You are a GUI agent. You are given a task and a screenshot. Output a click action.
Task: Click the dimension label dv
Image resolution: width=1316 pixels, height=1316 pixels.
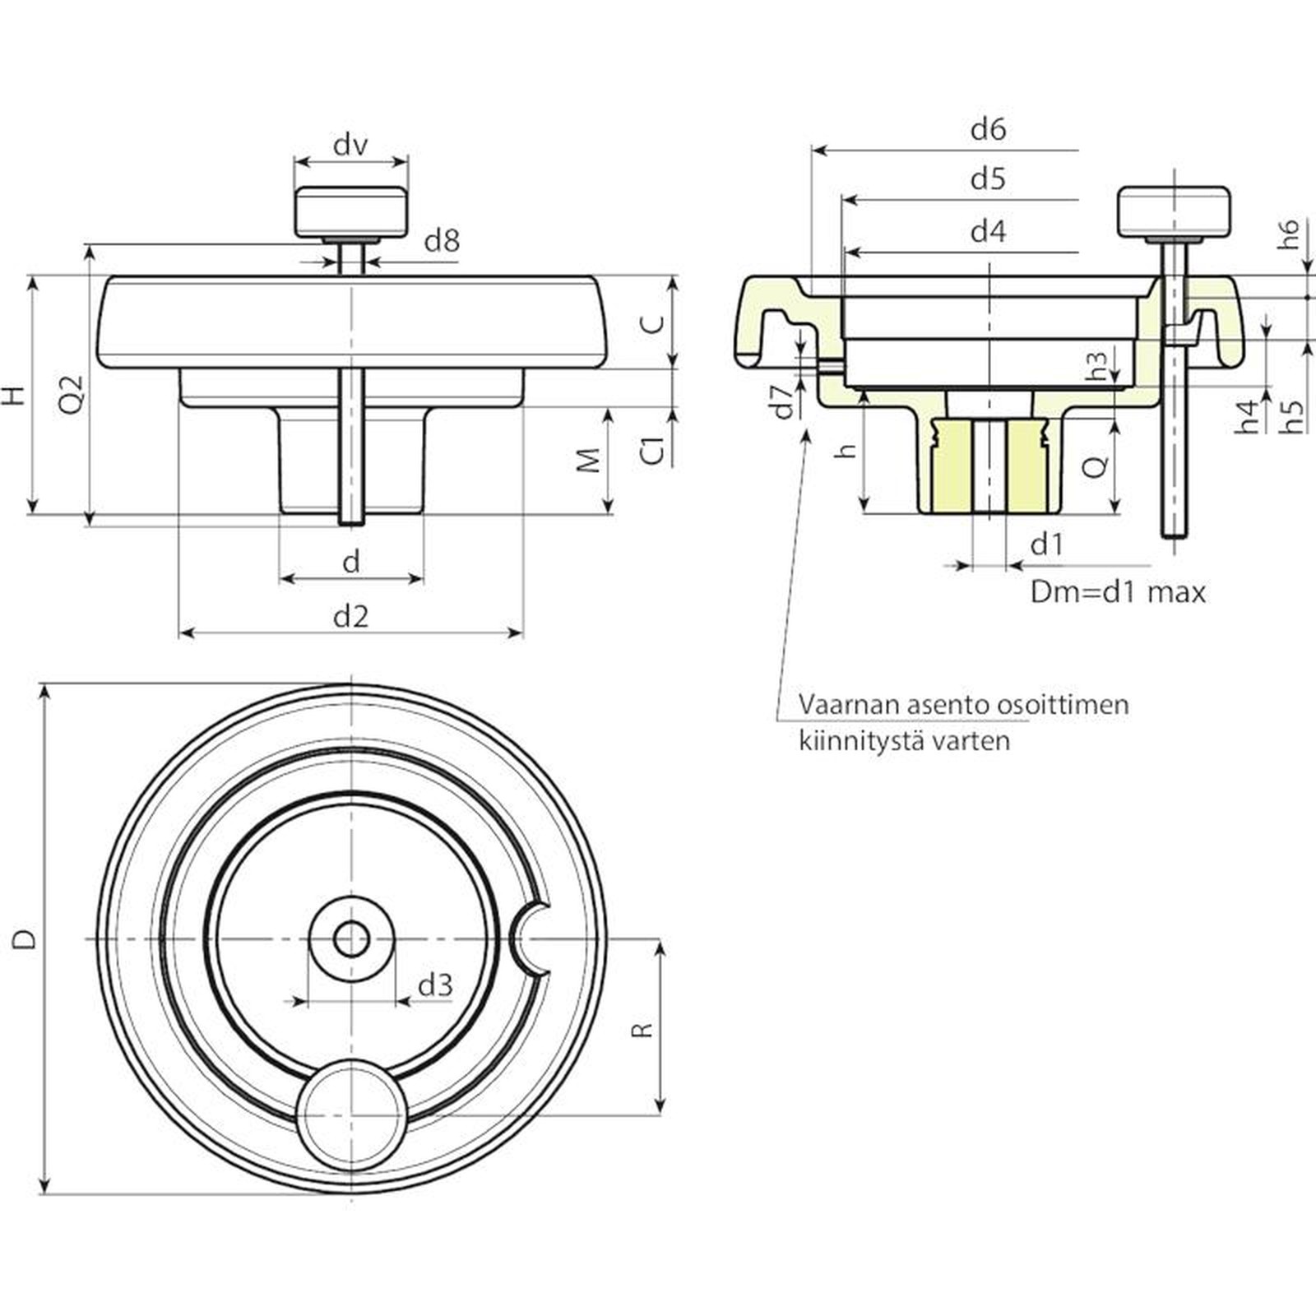click(x=350, y=146)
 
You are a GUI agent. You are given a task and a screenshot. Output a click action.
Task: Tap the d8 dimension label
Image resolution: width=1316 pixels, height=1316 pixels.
click(x=442, y=241)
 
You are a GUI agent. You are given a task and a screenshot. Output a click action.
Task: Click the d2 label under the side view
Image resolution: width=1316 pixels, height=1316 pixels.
click(x=351, y=616)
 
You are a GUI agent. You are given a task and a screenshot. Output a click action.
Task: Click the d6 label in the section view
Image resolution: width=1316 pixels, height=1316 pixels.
click(x=988, y=129)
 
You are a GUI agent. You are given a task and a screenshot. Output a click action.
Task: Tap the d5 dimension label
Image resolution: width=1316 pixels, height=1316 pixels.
click(x=988, y=179)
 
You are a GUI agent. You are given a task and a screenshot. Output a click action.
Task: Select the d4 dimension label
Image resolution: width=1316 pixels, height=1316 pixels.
click(x=988, y=232)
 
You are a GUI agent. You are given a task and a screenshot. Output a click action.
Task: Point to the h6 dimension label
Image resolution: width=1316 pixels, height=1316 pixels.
click(x=1289, y=234)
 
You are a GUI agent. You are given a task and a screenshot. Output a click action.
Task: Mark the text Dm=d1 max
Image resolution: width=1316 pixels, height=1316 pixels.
click(x=1118, y=592)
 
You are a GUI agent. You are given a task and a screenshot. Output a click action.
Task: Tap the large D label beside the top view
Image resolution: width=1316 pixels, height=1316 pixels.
click(x=26, y=938)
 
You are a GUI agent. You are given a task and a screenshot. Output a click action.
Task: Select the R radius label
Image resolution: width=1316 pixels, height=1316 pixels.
click(x=644, y=1030)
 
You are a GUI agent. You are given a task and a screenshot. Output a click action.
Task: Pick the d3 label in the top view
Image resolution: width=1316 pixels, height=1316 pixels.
click(x=435, y=985)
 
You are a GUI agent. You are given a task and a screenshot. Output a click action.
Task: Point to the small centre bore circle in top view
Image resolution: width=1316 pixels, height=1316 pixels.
click(x=352, y=938)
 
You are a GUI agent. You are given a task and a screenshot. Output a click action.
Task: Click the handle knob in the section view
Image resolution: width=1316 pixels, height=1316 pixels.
click(x=1174, y=212)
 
